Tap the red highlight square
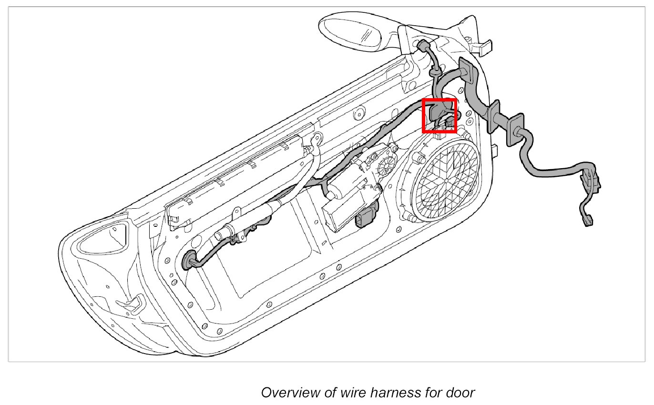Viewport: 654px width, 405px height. pyautogui.click(x=440, y=115)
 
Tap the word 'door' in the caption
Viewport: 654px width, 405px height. pyautogui.click(x=460, y=393)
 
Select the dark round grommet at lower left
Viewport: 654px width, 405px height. pyautogui.click(x=189, y=260)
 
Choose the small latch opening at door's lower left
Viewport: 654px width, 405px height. pyautogui.click(x=135, y=303)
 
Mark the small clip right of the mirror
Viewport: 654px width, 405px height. pyautogui.click(x=482, y=47)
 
